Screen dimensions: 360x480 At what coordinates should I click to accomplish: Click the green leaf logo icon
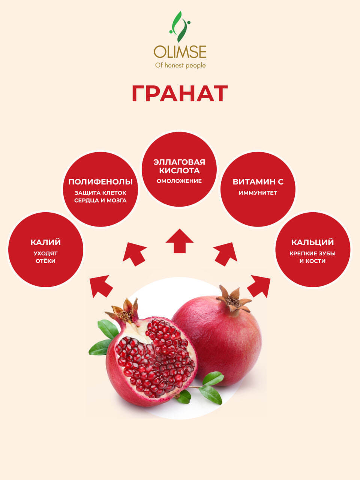click(x=180, y=27)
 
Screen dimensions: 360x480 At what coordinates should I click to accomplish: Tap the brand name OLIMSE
click(x=180, y=52)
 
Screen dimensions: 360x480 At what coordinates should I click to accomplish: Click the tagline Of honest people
click(x=180, y=65)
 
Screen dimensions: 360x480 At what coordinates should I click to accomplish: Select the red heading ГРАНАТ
click(x=180, y=93)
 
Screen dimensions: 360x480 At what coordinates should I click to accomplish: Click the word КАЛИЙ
click(x=46, y=242)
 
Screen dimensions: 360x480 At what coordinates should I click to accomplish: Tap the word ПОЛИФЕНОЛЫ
click(x=100, y=182)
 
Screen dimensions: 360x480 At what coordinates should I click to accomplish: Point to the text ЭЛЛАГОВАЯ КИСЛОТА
click(x=179, y=166)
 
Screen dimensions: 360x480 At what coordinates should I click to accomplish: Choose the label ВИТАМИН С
click(x=258, y=182)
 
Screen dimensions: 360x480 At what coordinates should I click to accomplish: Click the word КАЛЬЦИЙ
click(x=313, y=242)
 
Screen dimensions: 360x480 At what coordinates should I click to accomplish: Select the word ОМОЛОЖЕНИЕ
click(x=179, y=181)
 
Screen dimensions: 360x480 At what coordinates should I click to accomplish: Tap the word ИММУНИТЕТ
click(x=258, y=193)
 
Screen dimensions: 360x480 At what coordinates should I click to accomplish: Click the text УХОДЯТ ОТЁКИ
click(x=46, y=257)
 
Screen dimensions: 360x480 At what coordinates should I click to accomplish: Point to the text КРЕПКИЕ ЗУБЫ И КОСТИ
click(x=313, y=257)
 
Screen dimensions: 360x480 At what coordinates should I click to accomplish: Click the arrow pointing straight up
click(x=180, y=241)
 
